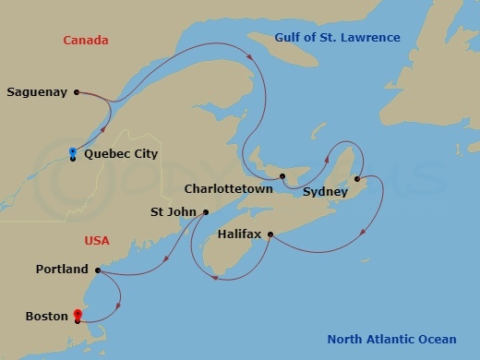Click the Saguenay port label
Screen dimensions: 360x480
[37, 92]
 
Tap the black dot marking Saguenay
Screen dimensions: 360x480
[77, 91]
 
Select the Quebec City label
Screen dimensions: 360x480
[121, 154]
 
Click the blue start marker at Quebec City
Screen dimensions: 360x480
[73, 151]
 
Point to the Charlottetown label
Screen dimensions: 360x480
[228, 188]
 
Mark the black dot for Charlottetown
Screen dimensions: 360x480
[282, 175]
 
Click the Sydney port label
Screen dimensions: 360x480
[325, 192]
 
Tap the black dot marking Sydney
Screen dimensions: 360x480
[357, 179]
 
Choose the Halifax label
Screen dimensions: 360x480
[240, 234]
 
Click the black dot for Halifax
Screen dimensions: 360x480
[270, 234]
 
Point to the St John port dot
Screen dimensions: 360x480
[205, 212]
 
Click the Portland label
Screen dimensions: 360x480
[62, 270]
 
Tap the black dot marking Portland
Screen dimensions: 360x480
[98, 270]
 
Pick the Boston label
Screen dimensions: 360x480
[47, 317]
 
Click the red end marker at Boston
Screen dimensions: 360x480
[77, 315]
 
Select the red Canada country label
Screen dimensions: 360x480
[86, 41]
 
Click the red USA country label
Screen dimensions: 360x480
[97, 241]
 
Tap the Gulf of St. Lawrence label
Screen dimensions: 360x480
[337, 38]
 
